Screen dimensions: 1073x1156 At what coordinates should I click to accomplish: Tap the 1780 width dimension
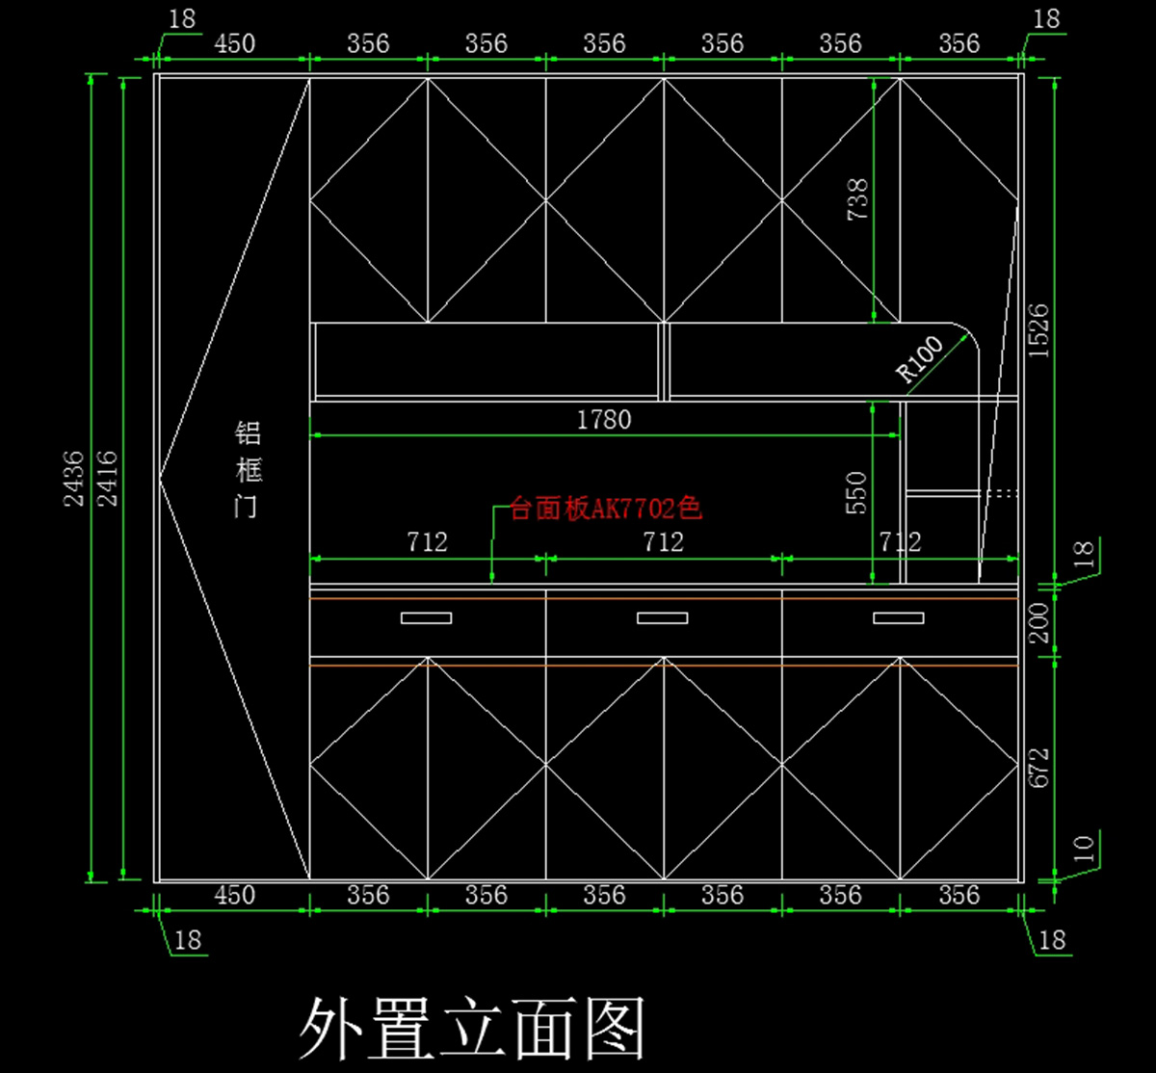(604, 420)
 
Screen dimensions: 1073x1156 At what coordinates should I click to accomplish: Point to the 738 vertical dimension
(856, 199)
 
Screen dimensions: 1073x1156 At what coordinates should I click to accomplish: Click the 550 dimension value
(856, 492)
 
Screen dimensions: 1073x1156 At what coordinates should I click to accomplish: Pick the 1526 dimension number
(1038, 330)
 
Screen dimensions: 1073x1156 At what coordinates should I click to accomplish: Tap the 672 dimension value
(1038, 769)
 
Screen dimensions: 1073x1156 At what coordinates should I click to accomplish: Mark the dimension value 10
(1084, 849)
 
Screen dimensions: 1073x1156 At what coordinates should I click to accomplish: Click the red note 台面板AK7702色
(605, 509)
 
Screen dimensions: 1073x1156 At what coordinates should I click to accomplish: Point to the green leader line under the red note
(492, 544)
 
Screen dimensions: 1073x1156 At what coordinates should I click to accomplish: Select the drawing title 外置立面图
(472, 1029)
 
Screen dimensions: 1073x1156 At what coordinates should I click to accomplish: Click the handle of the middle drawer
(663, 617)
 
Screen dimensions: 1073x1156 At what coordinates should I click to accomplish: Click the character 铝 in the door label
(248, 432)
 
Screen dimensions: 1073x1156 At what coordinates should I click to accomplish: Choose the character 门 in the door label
(248, 507)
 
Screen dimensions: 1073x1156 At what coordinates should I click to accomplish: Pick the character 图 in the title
(613, 1029)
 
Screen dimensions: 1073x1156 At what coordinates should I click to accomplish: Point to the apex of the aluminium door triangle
(161, 478)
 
